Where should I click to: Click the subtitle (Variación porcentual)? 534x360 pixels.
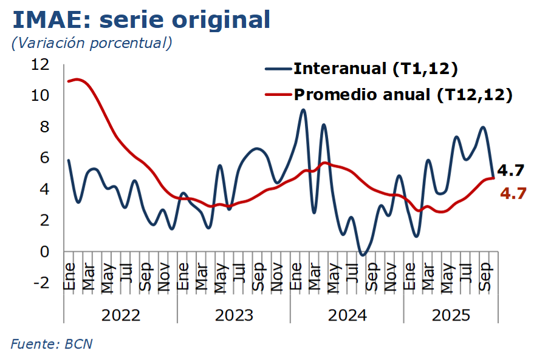(x=91, y=43)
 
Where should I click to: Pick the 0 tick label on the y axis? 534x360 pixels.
(x=46, y=251)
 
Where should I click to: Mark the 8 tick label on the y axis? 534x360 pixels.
(x=46, y=127)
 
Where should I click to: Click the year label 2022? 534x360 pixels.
(x=120, y=315)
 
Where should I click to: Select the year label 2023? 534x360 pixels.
(x=234, y=315)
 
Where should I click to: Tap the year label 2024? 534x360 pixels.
(x=347, y=315)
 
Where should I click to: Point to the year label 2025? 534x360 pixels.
(x=451, y=315)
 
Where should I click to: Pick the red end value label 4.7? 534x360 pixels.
(x=513, y=194)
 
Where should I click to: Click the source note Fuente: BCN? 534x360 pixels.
(x=52, y=344)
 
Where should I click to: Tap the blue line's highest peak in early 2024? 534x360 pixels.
(x=303, y=110)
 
